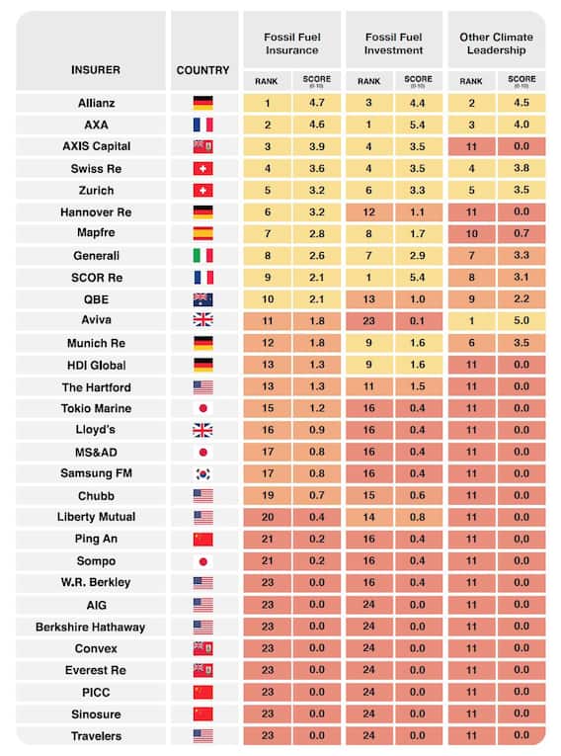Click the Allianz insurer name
(97, 103)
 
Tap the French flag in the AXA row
(202, 125)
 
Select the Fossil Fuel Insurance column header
(292, 43)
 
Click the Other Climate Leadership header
(496, 43)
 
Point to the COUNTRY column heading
(202, 70)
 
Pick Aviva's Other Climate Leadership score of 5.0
(521, 320)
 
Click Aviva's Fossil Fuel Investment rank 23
(368, 321)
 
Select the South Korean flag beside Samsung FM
(202, 474)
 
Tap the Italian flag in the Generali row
(202, 256)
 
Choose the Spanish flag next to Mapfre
(202, 233)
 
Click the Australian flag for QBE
(202, 299)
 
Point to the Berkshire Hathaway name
(91, 628)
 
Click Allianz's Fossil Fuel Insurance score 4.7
(317, 103)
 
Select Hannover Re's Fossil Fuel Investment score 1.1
(418, 212)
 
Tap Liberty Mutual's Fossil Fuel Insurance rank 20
(268, 517)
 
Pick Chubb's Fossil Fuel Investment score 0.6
(418, 496)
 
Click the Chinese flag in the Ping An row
(202, 539)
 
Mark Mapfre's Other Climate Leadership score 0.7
(521, 233)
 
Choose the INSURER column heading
(96, 70)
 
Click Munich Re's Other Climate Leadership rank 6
(471, 343)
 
